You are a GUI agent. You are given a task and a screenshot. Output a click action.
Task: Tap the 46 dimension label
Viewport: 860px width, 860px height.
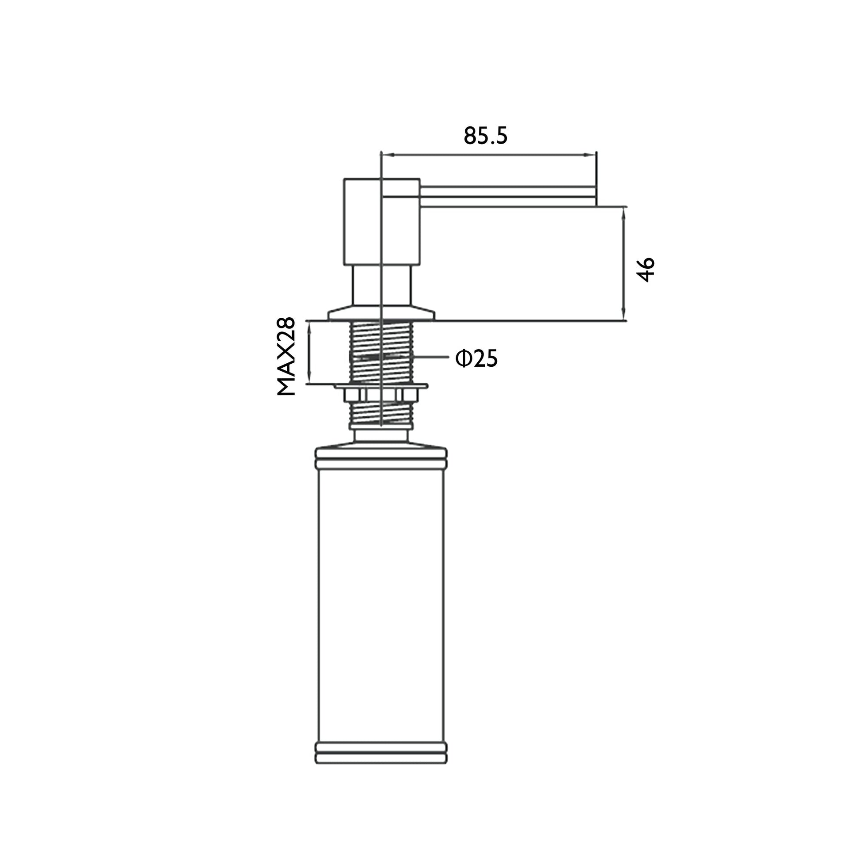point(646,269)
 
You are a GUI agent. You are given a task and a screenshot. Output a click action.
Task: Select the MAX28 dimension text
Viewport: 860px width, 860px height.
point(286,356)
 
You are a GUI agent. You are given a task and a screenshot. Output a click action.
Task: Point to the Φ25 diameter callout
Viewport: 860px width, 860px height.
point(476,358)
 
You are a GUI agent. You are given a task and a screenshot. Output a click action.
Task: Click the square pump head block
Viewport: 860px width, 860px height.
point(381,222)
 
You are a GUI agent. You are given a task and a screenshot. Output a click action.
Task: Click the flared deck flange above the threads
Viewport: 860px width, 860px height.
point(381,313)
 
